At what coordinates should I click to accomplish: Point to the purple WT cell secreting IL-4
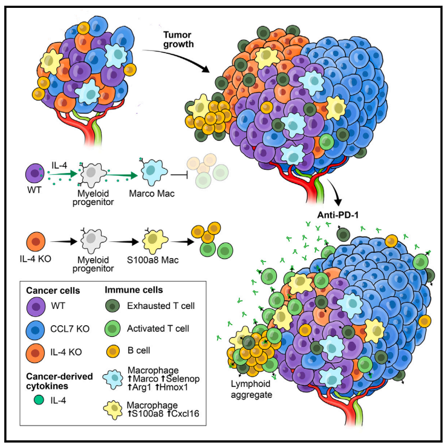click(34, 170)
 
